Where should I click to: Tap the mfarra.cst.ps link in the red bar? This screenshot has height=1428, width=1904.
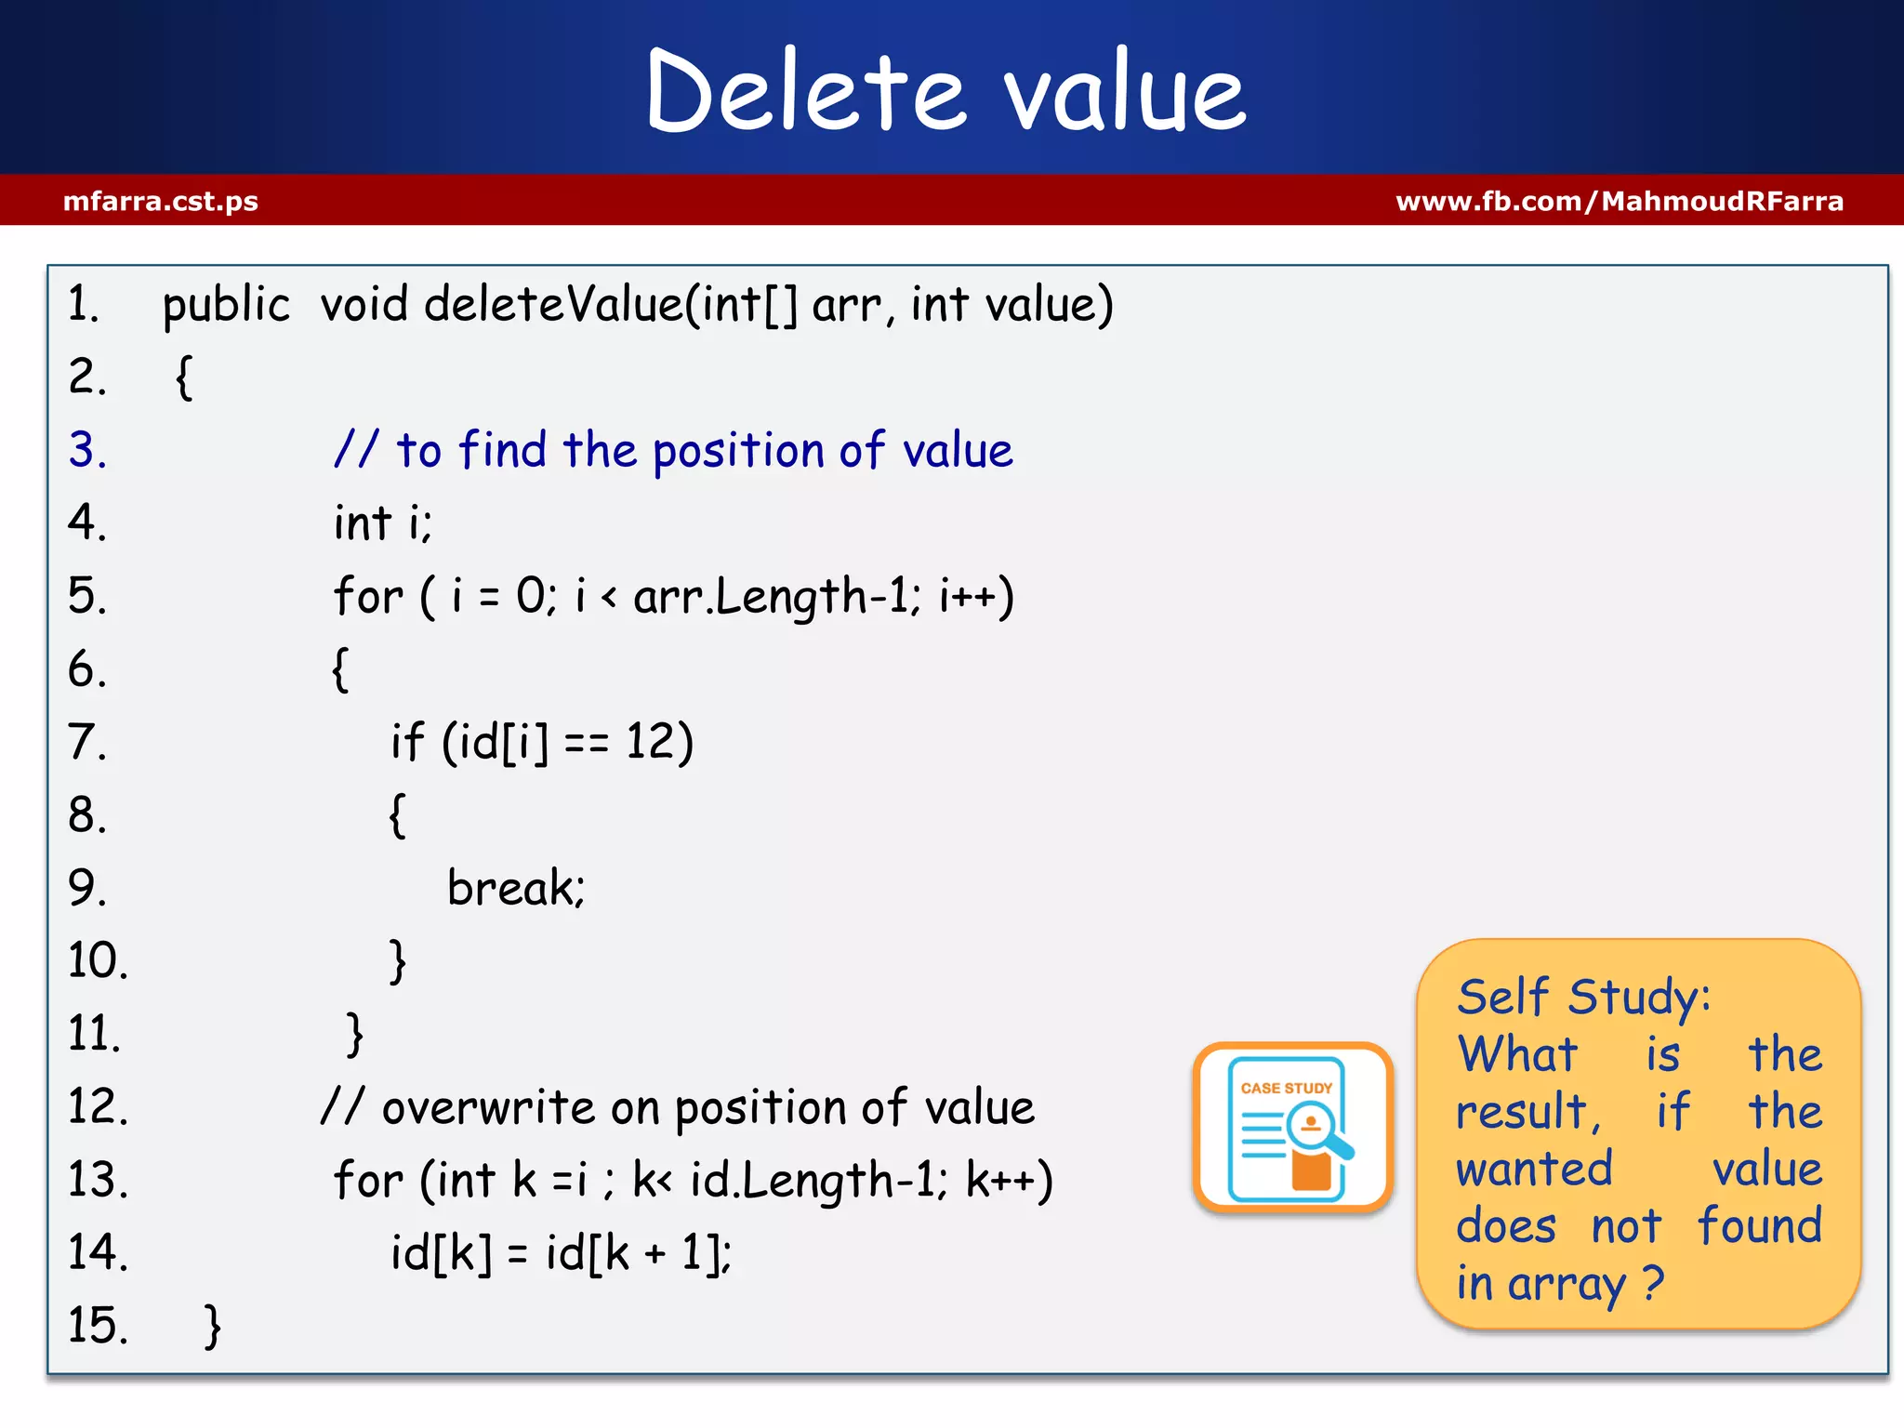pos(161,201)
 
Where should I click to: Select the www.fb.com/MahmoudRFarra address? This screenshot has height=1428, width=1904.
pos(1620,201)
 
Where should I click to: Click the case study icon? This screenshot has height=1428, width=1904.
pos(1292,1127)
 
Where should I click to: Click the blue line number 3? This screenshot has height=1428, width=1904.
pos(87,450)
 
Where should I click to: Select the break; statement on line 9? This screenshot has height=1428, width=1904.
pos(516,887)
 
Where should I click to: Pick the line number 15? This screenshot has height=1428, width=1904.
pos(97,1325)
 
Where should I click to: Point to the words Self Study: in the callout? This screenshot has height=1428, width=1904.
pos(1583,997)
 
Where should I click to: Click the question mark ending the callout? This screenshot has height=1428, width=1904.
pos(1652,1283)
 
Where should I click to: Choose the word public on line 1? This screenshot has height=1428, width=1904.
pos(226,305)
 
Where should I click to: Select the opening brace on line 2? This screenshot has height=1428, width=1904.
pos(184,377)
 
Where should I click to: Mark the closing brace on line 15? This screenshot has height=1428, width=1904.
pos(213,1325)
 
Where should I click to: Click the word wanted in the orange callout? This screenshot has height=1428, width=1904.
pos(1534,1169)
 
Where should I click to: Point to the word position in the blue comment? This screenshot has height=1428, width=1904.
pos(738,451)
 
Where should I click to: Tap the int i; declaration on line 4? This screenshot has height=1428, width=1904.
pos(383,522)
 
